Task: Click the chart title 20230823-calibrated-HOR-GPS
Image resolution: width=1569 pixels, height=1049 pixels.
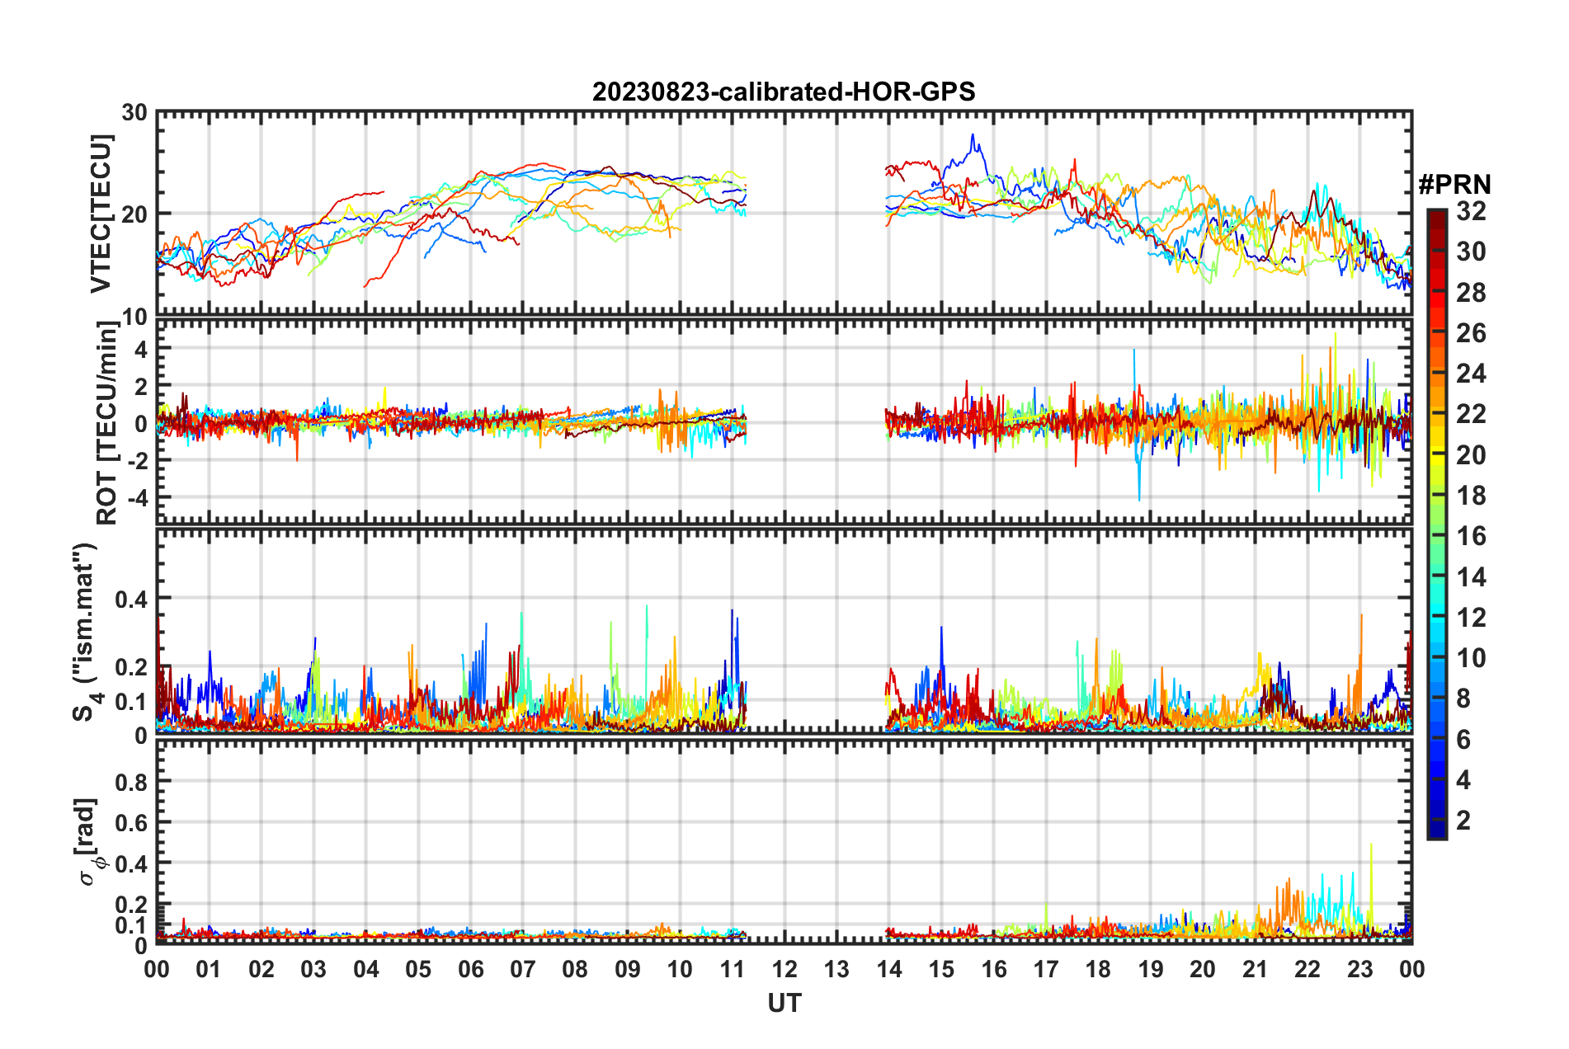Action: tap(784, 92)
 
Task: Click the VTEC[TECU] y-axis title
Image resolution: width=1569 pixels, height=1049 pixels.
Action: tap(101, 214)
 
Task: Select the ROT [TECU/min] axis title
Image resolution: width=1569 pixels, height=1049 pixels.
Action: tap(107, 423)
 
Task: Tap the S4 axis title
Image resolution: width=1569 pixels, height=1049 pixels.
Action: tap(86, 632)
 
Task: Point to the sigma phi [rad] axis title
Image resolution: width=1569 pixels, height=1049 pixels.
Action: tap(89, 841)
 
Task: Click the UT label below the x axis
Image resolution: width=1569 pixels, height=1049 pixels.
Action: tap(784, 1003)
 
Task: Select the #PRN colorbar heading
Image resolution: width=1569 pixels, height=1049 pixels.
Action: tap(1454, 185)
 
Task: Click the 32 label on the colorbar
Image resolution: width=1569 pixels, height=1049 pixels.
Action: tap(1471, 212)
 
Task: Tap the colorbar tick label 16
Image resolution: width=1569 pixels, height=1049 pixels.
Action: tap(1471, 536)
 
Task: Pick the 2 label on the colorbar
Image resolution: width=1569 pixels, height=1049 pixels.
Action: tap(1463, 820)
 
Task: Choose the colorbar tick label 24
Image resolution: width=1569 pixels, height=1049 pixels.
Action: tap(1471, 374)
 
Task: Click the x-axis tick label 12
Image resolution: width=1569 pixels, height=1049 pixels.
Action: tap(784, 969)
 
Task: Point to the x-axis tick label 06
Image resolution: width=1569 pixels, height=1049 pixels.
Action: tap(470, 969)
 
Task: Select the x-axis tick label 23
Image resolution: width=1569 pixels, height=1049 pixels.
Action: tap(1359, 969)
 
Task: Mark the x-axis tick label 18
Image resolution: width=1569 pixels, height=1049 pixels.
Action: tap(1098, 969)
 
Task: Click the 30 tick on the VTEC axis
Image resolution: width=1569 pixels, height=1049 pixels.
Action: tap(134, 112)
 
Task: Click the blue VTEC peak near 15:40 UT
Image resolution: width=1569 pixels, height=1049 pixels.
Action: tap(973, 136)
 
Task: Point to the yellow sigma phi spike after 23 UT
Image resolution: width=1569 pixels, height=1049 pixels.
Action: tap(1371, 844)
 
